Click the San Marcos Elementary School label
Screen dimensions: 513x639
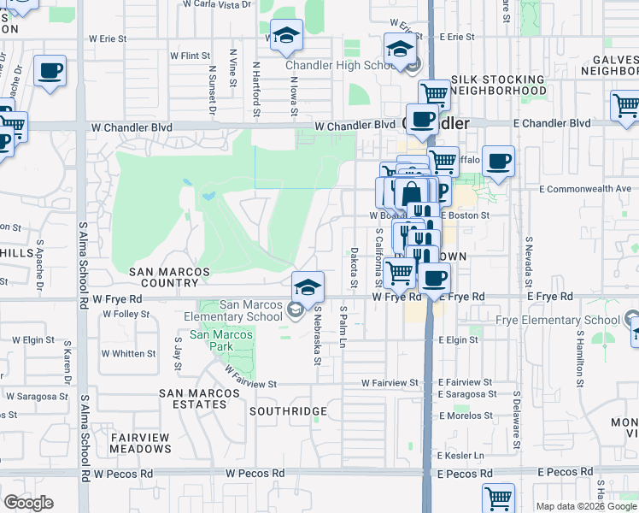point(251,310)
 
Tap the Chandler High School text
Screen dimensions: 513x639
point(344,66)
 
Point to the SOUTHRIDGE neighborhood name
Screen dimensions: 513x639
point(288,411)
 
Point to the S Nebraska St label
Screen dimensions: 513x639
point(316,335)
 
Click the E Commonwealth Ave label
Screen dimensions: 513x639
point(584,189)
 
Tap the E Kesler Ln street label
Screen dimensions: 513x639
point(460,455)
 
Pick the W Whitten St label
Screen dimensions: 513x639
point(128,353)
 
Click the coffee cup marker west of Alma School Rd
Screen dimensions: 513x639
point(50,71)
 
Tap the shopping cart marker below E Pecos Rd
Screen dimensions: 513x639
point(498,497)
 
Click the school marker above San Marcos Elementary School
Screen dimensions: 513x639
point(308,286)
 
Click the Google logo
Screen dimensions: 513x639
point(28,503)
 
